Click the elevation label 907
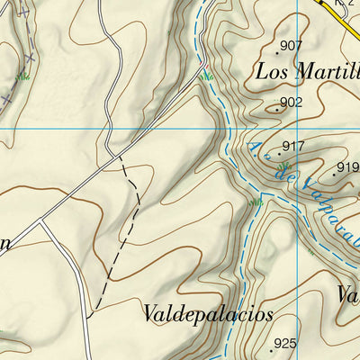tap(291, 46)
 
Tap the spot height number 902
tap(291, 103)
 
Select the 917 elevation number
tap(293, 146)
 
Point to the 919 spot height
tap(347, 167)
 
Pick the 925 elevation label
tap(284, 343)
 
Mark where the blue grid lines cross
tap(300, 127)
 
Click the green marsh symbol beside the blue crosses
tap(22, 76)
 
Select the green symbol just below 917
tap(284, 166)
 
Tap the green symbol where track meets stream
tap(207, 76)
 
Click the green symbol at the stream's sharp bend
tap(256, 202)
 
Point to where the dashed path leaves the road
tap(119, 157)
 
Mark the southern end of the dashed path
tap(88, 316)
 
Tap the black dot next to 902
tap(275, 110)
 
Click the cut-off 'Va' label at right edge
tap(347, 294)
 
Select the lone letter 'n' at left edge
tap(4, 242)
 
